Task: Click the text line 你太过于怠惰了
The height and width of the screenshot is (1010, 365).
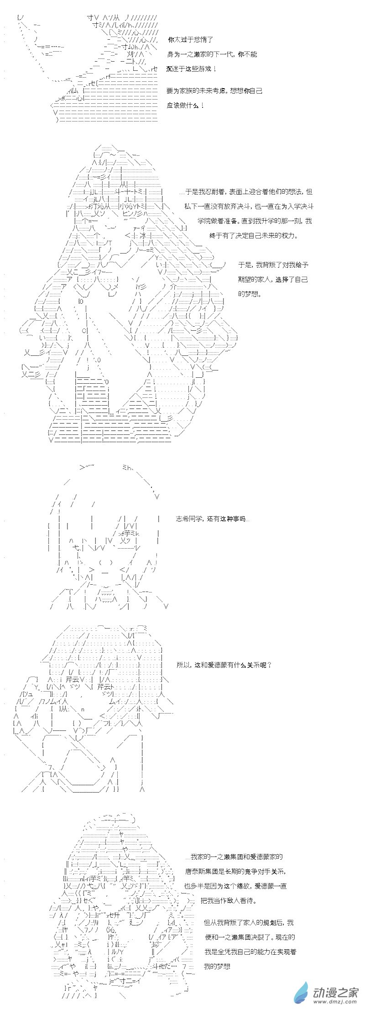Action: [190, 40]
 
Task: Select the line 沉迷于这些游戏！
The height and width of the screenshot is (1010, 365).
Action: [192, 69]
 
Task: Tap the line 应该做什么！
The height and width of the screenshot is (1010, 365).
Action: [186, 106]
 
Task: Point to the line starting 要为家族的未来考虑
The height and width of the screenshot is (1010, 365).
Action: [214, 91]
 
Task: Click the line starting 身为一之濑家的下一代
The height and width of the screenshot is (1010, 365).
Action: [212, 54]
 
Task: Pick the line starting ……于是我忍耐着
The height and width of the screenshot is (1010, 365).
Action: [245, 192]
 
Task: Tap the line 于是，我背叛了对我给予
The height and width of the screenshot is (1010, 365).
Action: [273, 265]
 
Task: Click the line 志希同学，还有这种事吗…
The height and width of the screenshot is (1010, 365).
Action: [213, 519]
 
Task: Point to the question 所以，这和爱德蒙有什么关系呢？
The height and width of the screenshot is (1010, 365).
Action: [224, 665]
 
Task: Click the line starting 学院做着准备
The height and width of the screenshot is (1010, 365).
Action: [255, 221]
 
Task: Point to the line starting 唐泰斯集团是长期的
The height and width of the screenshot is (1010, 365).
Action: [236, 872]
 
